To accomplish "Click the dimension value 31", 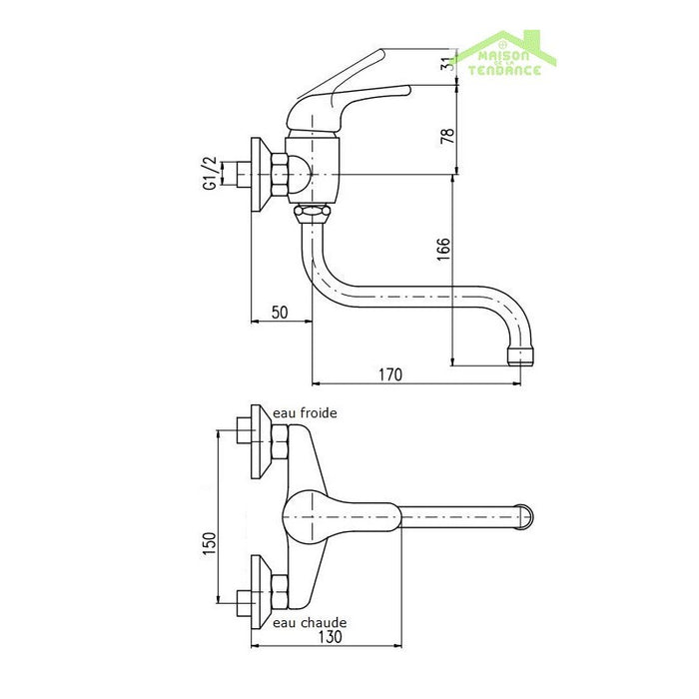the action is point(449,63).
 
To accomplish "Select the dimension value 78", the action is point(448,135).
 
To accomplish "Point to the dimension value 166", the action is point(444,250).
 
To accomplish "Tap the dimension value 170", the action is point(390,374).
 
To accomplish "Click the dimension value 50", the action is point(280,313).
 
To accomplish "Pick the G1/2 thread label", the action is point(210,174).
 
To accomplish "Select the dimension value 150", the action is point(209,543).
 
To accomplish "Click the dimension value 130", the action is point(330,637).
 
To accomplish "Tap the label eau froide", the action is point(305,413).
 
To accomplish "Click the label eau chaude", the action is point(310,622).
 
